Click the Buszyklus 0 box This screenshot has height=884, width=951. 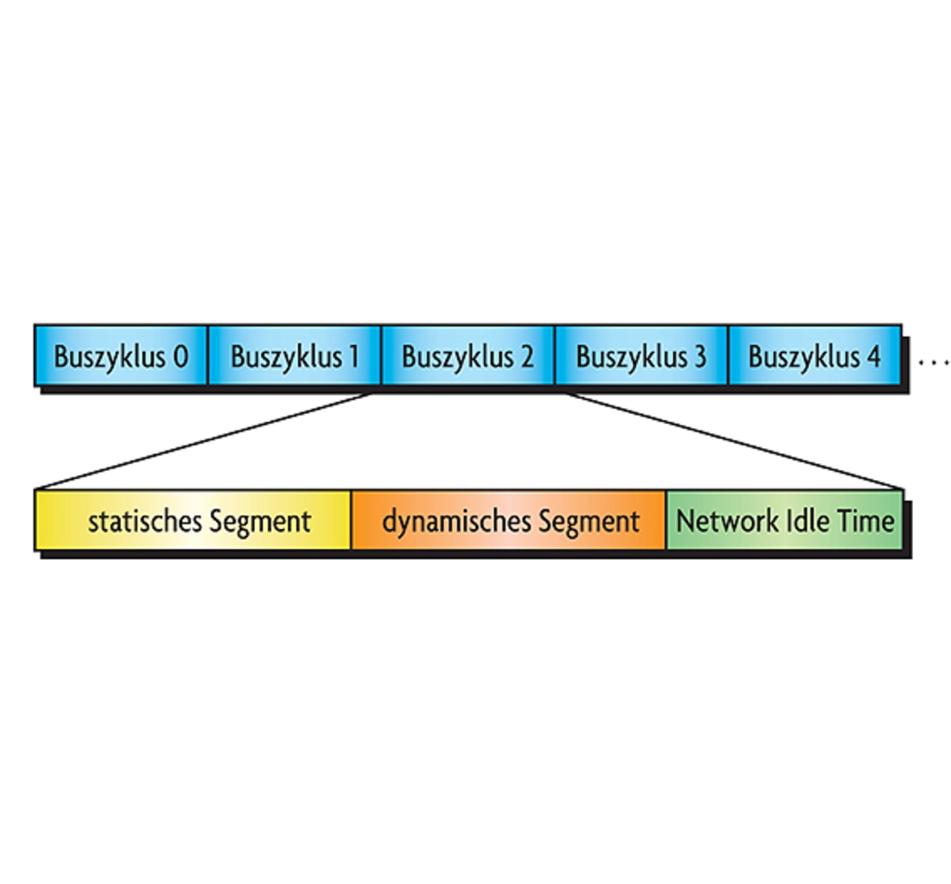click(120, 355)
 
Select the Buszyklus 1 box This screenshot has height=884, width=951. click(294, 355)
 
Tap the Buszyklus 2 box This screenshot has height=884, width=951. click(467, 355)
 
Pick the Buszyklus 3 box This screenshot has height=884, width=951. click(640, 355)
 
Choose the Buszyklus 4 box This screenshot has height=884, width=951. click(814, 355)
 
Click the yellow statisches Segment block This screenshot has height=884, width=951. click(193, 520)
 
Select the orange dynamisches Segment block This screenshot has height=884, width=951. click(509, 520)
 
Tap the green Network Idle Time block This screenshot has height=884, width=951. click(785, 520)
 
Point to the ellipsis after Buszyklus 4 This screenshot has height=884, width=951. click(933, 363)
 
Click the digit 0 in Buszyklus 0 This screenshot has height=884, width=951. click(181, 357)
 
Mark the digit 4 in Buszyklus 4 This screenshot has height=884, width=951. click(873, 357)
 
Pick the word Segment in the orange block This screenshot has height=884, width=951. click(588, 522)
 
